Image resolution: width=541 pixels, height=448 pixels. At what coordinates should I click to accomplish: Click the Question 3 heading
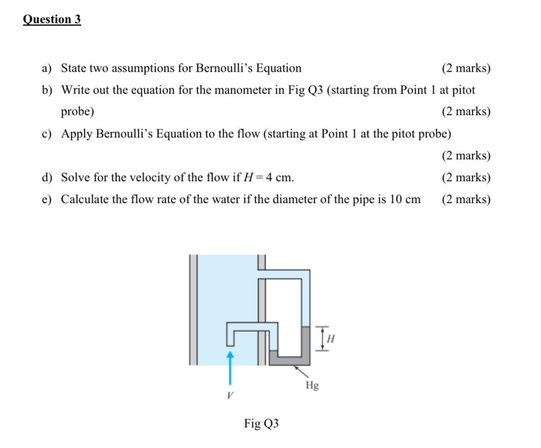(52, 19)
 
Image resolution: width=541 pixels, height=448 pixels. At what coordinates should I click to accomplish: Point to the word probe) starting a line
(77, 112)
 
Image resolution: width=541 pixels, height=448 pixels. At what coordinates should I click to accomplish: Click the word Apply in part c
(76, 134)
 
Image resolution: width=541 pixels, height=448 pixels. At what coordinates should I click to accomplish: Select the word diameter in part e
(286, 199)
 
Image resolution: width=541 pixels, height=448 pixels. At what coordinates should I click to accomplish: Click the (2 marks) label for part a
(466, 68)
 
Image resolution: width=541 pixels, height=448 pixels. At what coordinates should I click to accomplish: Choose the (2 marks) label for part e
(466, 199)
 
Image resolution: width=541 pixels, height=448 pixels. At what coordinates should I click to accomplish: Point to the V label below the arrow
(230, 395)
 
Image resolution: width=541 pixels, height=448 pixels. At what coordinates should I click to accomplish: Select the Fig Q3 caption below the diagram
(261, 423)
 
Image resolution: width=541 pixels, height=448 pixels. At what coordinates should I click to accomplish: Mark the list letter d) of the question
(48, 177)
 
